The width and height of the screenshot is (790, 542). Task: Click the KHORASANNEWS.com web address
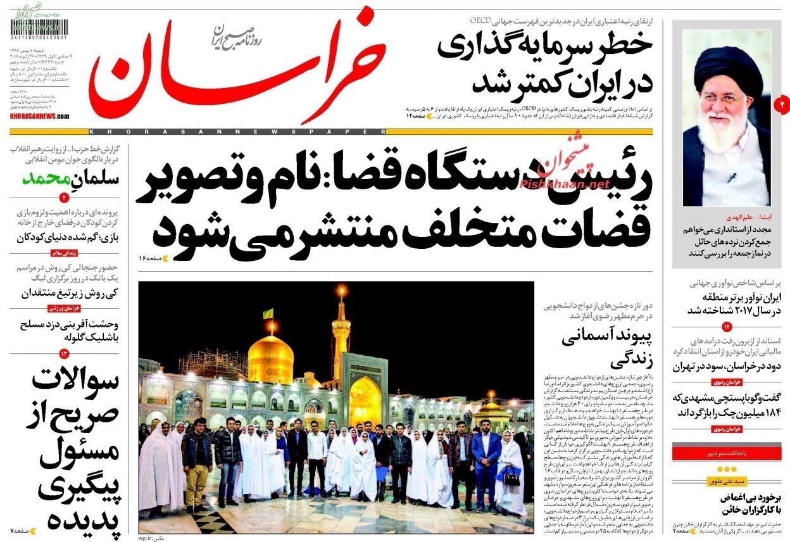point(39,117)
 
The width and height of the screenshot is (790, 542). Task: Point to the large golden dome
point(270,359)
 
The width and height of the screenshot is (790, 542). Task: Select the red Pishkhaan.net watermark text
point(565,184)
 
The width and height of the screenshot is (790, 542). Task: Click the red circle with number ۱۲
point(727,327)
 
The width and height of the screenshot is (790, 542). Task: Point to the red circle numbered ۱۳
point(65,353)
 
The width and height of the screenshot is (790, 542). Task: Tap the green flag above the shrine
point(268,313)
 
